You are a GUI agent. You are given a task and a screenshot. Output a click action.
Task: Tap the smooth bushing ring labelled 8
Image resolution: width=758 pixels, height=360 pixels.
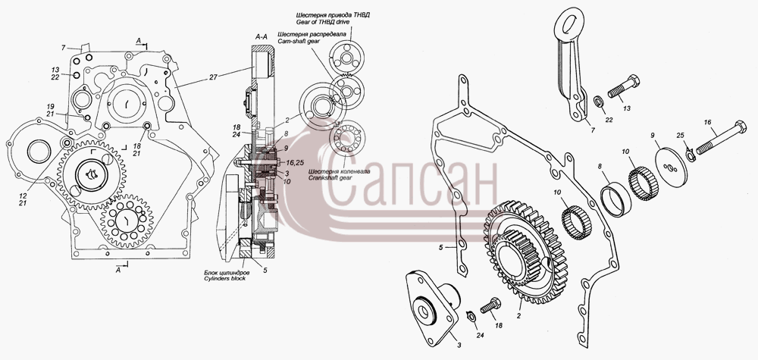615,199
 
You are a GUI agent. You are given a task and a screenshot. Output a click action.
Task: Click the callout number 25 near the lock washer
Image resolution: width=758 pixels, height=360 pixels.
680,135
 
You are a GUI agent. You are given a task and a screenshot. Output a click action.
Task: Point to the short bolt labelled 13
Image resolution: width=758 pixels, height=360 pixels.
624,88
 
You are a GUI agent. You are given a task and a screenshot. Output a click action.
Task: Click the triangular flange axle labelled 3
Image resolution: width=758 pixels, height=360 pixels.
433,308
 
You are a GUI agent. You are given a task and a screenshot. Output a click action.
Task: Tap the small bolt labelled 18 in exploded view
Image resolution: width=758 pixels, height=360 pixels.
490,307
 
